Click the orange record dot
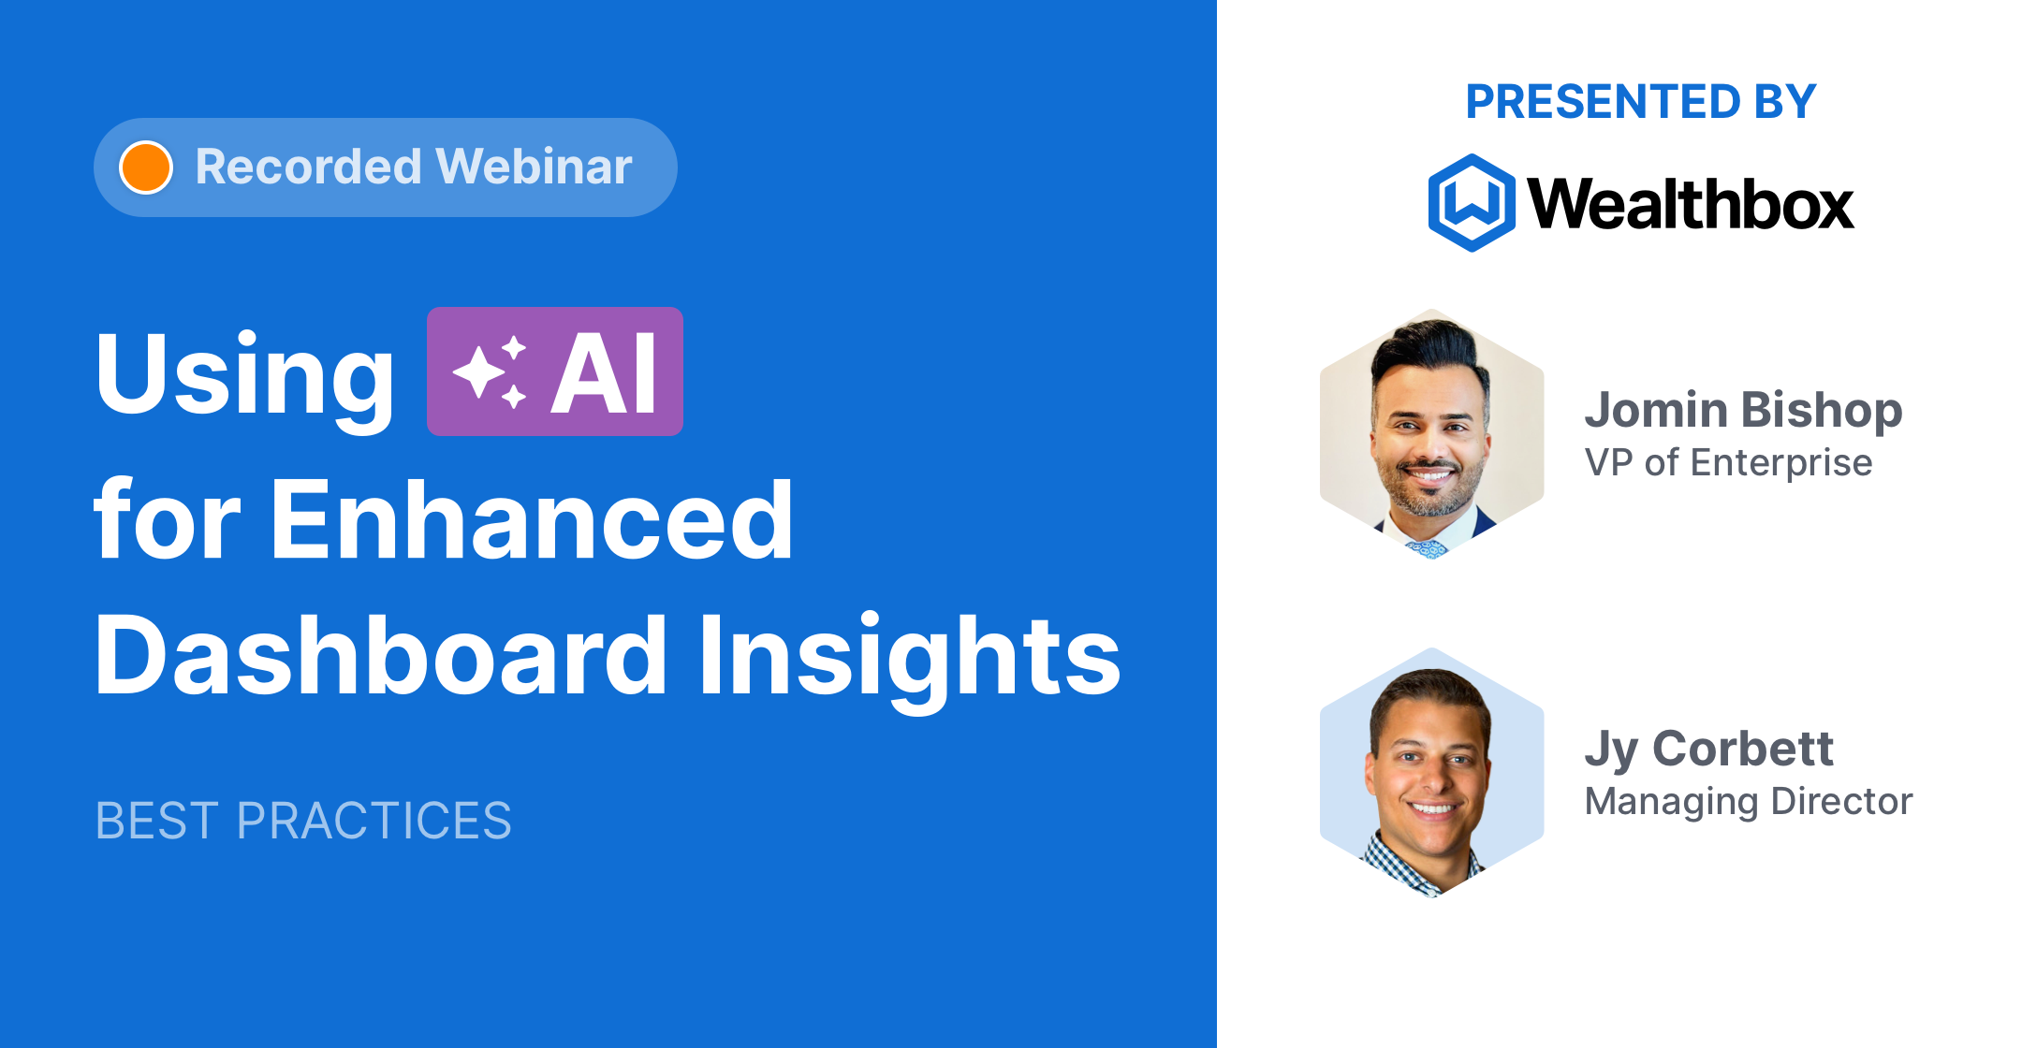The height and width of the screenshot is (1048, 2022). pos(146,167)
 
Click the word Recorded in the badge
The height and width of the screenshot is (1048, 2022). pos(308,167)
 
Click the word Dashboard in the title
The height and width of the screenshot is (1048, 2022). pos(380,655)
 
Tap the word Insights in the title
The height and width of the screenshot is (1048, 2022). pos(908,655)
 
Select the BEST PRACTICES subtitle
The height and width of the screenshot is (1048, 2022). pos(303,821)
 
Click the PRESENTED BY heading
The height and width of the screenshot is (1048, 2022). pos(1640,102)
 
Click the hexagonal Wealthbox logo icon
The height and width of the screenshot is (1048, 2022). pos(1471,203)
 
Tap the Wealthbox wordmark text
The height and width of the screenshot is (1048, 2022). pos(1690,204)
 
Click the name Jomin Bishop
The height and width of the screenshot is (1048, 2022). pos(1742,410)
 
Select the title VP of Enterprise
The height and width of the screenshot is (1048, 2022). pos(1728,463)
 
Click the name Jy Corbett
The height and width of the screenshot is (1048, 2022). pos(1708,749)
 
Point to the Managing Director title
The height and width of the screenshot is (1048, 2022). pos(1748,802)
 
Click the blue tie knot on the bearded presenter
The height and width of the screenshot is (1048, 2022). pos(1429,548)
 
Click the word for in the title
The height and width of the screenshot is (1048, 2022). pos(167,519)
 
